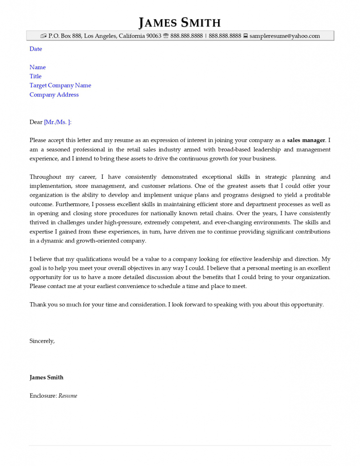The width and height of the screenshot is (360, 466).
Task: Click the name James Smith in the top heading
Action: click(180, 22)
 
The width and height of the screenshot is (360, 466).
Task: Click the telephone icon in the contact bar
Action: click(166, 36)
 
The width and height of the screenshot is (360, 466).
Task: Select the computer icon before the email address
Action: click(245, 36)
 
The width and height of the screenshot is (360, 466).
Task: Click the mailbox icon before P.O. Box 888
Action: click(43, 36)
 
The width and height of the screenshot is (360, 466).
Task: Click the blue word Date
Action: click(35, 49)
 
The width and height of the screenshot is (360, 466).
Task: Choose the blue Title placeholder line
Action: click(35, 76)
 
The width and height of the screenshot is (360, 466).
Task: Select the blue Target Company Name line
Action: click(60, 86)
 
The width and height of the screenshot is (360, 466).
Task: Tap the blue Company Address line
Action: click(54, 95)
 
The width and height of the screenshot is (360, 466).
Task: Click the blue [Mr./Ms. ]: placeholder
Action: click(58, 122)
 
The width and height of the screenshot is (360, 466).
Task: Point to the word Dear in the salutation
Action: click(36, 122)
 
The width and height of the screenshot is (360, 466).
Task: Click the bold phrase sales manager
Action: click(306, 140)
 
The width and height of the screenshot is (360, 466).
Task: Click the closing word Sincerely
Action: click(42, 341)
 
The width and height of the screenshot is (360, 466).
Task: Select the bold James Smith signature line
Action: click(46, 377)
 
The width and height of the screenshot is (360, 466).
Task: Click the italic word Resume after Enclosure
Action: click(68, 396)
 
